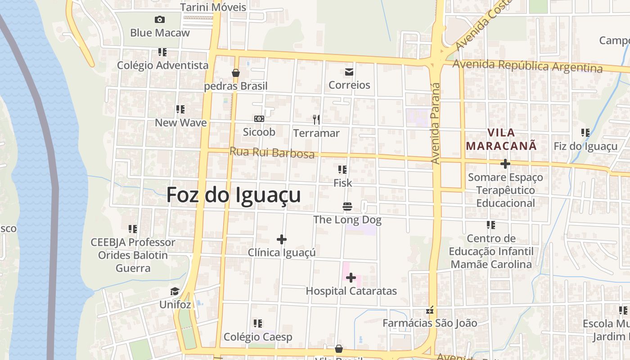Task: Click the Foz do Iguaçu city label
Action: [x=234, y=196]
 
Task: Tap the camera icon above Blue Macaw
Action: [x=159, y=19]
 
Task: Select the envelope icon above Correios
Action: [x=349, y=72]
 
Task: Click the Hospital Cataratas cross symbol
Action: [x=351, y=278]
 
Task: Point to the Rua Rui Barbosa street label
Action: [x=272, y=153]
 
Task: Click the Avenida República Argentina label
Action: [x=527, y=66]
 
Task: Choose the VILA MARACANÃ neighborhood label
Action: [x=501, y=139]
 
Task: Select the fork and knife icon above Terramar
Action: [x=316, y=119]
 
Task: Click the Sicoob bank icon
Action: [x=259, y=119]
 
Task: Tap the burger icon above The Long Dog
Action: [x=347, y=207]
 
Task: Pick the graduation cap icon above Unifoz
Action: [x=175, y=292]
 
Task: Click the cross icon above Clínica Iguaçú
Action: [x=282, y=239]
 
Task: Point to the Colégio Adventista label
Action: [x=163, y=65]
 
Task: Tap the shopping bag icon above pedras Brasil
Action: [x=235, y=73]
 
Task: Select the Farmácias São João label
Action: [x=430, y=323]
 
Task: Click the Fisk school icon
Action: [x=342, y=170]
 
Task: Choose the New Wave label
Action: [x=181, y=122]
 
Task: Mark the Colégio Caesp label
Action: [x=258, y=337]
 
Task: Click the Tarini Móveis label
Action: [x=213, y=7]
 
